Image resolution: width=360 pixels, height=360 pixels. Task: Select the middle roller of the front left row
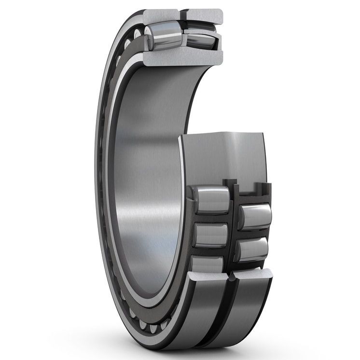211,235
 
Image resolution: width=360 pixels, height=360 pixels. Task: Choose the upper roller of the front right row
253,215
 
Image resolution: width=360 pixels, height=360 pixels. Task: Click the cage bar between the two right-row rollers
252,233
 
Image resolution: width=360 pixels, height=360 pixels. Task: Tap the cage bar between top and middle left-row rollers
211,218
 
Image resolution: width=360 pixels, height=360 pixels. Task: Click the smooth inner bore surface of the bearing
145,183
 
